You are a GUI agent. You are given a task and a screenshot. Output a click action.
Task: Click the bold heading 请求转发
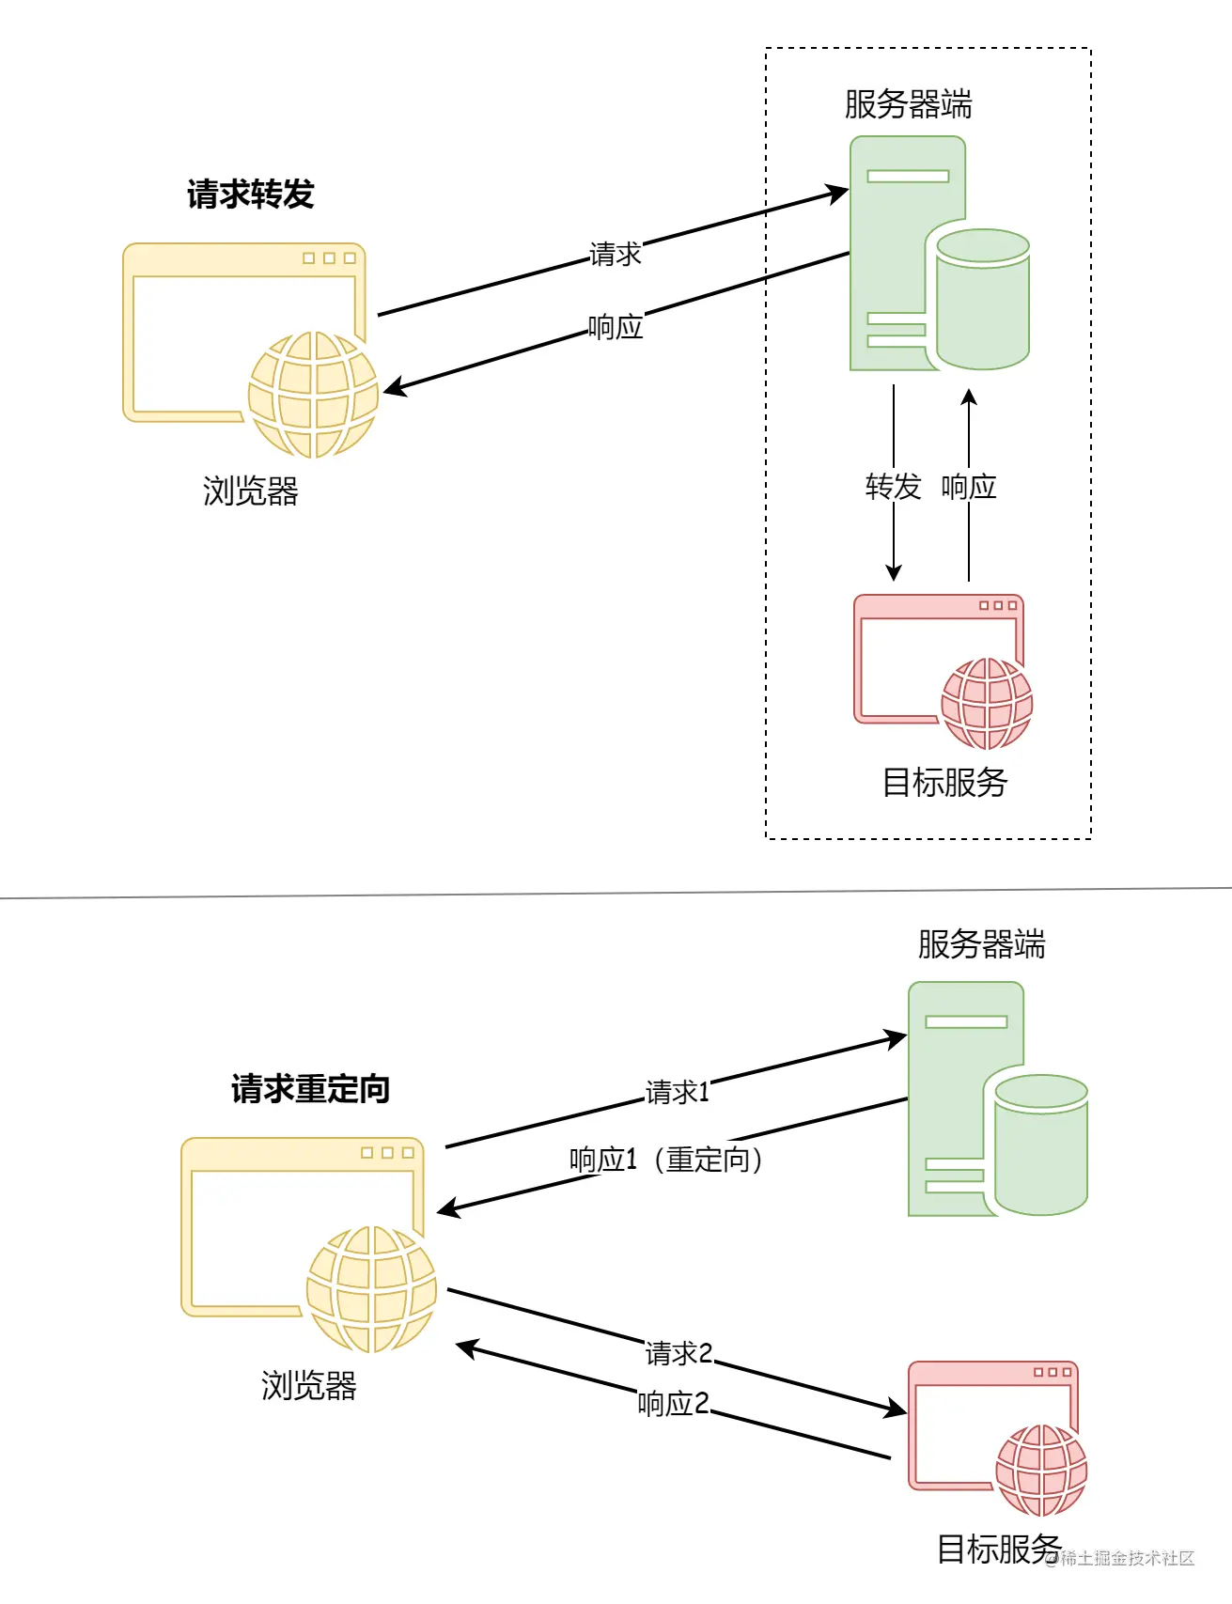click(250, 195)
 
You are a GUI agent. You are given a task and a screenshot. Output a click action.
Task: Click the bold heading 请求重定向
click(310, 1089)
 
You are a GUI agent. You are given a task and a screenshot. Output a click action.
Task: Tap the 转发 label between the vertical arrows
click(893, 487)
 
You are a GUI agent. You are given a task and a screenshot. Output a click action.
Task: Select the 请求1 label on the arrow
click(677, 1092)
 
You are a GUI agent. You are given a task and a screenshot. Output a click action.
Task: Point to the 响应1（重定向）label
click(667, 1160)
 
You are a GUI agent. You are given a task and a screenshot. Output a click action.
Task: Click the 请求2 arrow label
click(678, 1353)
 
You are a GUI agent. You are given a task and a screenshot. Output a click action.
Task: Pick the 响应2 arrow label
click(673, 1403)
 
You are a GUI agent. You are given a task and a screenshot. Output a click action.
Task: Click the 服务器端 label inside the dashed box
click(908, 104)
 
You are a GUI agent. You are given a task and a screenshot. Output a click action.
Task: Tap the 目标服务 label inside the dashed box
click(944, 782)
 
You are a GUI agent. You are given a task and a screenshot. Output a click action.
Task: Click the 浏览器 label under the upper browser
click(250, 491)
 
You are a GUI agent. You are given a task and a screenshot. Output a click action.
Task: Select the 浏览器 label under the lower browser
click(308, 1386)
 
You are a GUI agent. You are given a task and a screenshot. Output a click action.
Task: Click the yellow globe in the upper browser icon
click(313, 395)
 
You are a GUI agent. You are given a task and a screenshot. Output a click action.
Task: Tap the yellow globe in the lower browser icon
click(371, 1289)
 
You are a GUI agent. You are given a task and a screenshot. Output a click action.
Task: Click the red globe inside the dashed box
click(987, 704)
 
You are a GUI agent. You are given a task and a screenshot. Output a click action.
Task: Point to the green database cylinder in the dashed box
click(983, 299)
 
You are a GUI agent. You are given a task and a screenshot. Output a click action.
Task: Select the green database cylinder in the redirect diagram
click(1041, 1145)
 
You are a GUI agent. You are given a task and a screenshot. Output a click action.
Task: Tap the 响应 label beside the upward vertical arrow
click(969, 487)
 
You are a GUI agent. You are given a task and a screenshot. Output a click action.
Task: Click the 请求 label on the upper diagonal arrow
click(615, 254)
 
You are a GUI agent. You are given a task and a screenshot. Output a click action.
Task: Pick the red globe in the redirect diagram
click(1041, 1471)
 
